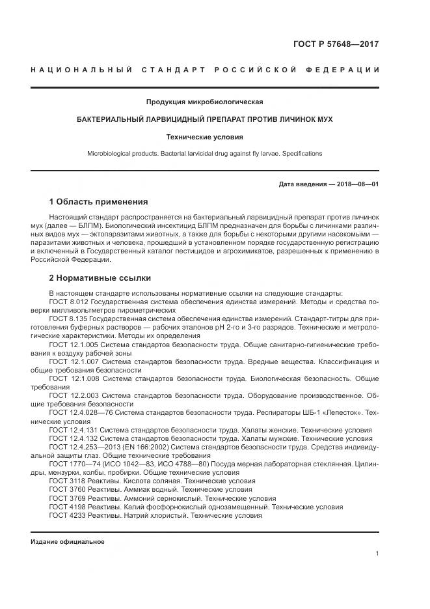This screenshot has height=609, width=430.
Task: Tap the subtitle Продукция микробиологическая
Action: [x=204, y=102]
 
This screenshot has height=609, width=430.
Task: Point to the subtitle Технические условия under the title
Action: [x=204, y=137]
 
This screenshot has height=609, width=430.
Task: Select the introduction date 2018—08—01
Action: [x=356, y=184]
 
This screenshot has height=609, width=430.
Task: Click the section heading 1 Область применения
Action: [x=98, y=201]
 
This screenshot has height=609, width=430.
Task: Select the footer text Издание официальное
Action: [x=68, y=542]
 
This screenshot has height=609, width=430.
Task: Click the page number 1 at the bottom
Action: [x=377, y=554]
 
